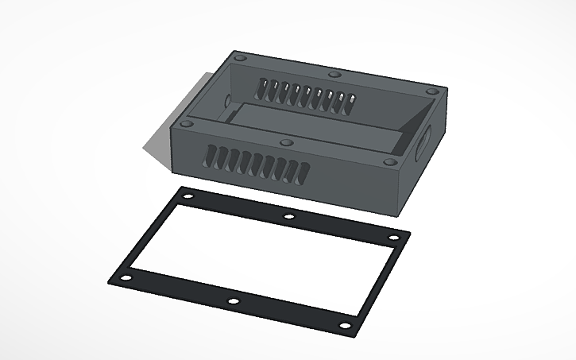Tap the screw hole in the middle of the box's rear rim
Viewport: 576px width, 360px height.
pyautogui.click(x=334, y=74)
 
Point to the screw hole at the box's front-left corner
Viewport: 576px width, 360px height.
pyautogui.click(x=187, y=124)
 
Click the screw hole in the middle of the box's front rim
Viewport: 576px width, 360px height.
pyautogui.click(x=287, y=143)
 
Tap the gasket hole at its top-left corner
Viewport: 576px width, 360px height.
pyautogui.click(x=187, y=195)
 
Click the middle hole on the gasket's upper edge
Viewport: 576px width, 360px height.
pyautogui.click(x=289, y=216)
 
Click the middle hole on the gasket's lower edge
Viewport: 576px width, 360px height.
pyautogui.click(x=233, y=301)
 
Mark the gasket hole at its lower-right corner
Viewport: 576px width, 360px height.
pyautogui.click(x=344, y=326)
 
